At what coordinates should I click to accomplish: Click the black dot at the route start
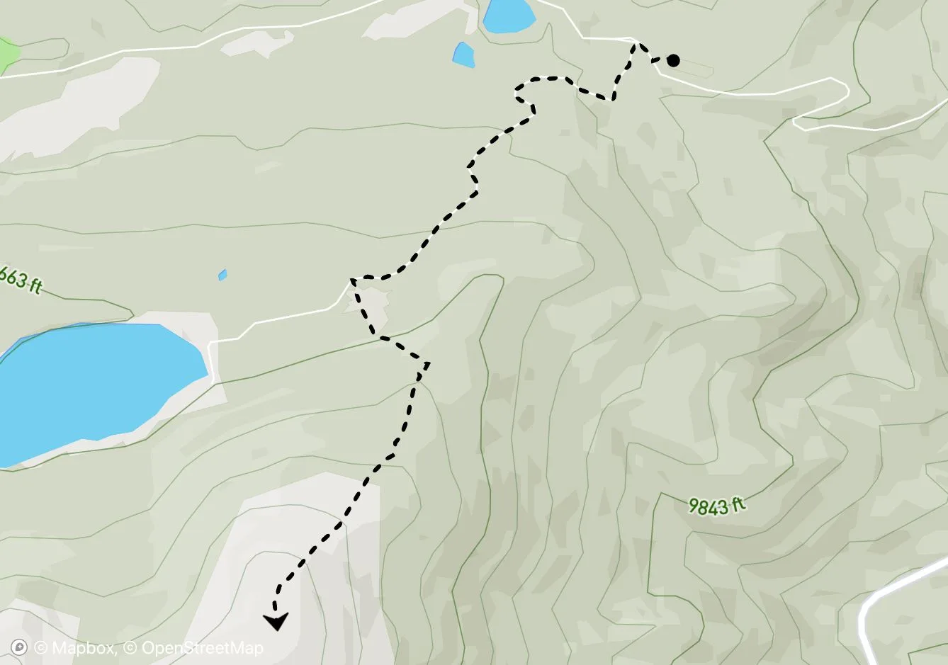pos(673,60)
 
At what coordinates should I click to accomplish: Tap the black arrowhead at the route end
pos(276,621)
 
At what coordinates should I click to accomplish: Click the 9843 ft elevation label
pos(717,506)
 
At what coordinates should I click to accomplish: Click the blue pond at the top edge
pos(509,16)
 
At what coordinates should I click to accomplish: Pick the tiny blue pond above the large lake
pos(222,275)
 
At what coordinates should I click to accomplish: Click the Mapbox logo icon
pos(20,647)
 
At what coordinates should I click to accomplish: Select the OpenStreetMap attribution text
pos(202,647)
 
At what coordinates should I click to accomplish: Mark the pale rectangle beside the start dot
pos(698,67)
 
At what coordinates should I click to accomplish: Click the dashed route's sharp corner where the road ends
pos(352,280)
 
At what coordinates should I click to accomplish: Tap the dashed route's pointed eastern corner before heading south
pos(427,363)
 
